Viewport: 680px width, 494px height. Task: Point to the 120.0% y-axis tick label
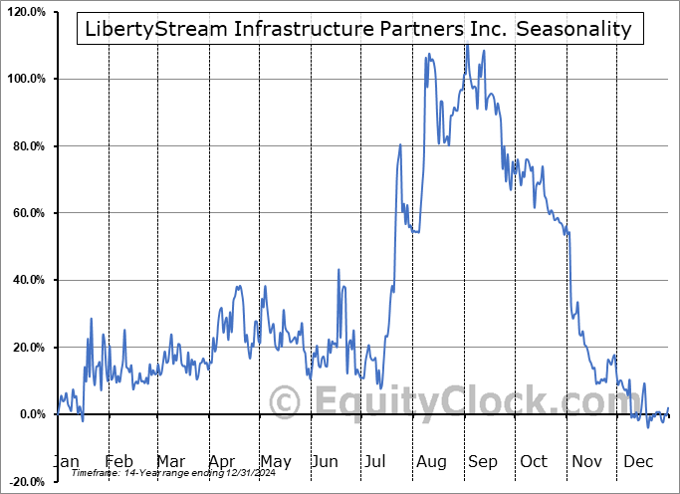pyautogui.click(x=26, y=12)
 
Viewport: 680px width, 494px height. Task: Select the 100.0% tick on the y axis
pyautogui.click(x=26, y=79)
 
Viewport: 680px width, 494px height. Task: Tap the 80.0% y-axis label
pyautogui.click(x=29, y=146)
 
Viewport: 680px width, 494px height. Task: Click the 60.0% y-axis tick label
pyautogui.click(x=29, y=213)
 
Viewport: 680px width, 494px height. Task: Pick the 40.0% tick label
pyautogui.click(x=29, y=281)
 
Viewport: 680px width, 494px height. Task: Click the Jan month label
pyautogui.click(x=66, y=461)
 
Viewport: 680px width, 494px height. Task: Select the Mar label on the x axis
pyautogui.click(x=170, y=461)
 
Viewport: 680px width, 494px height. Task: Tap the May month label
pyautogui.click(x=275, y=461)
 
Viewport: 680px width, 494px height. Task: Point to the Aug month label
pyautogui.click(x=432, y=461)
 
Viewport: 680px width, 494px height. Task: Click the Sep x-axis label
pyautogui.click(x=483, y=461)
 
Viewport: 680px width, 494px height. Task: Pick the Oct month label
pyautogui.click(x=535, y=461)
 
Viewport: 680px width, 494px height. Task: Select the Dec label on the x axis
pyautogui.click(x=639, y=461)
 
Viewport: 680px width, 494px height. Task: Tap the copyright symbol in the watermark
pyautogui.click(x=287, y=401)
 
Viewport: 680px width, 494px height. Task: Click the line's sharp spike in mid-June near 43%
pyautogui.click(x=339, y=270)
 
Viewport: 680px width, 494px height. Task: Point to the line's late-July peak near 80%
pyautogui.click(x=399, y=145)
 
